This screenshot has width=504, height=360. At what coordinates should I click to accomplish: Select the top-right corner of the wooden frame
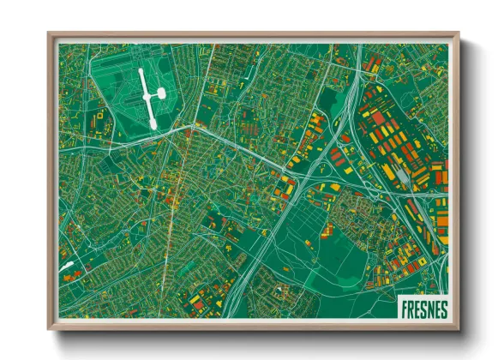pyautogui.click(x=456, y=35)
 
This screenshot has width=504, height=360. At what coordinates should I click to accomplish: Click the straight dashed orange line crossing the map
pyautogui.click(x=176, y=197)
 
